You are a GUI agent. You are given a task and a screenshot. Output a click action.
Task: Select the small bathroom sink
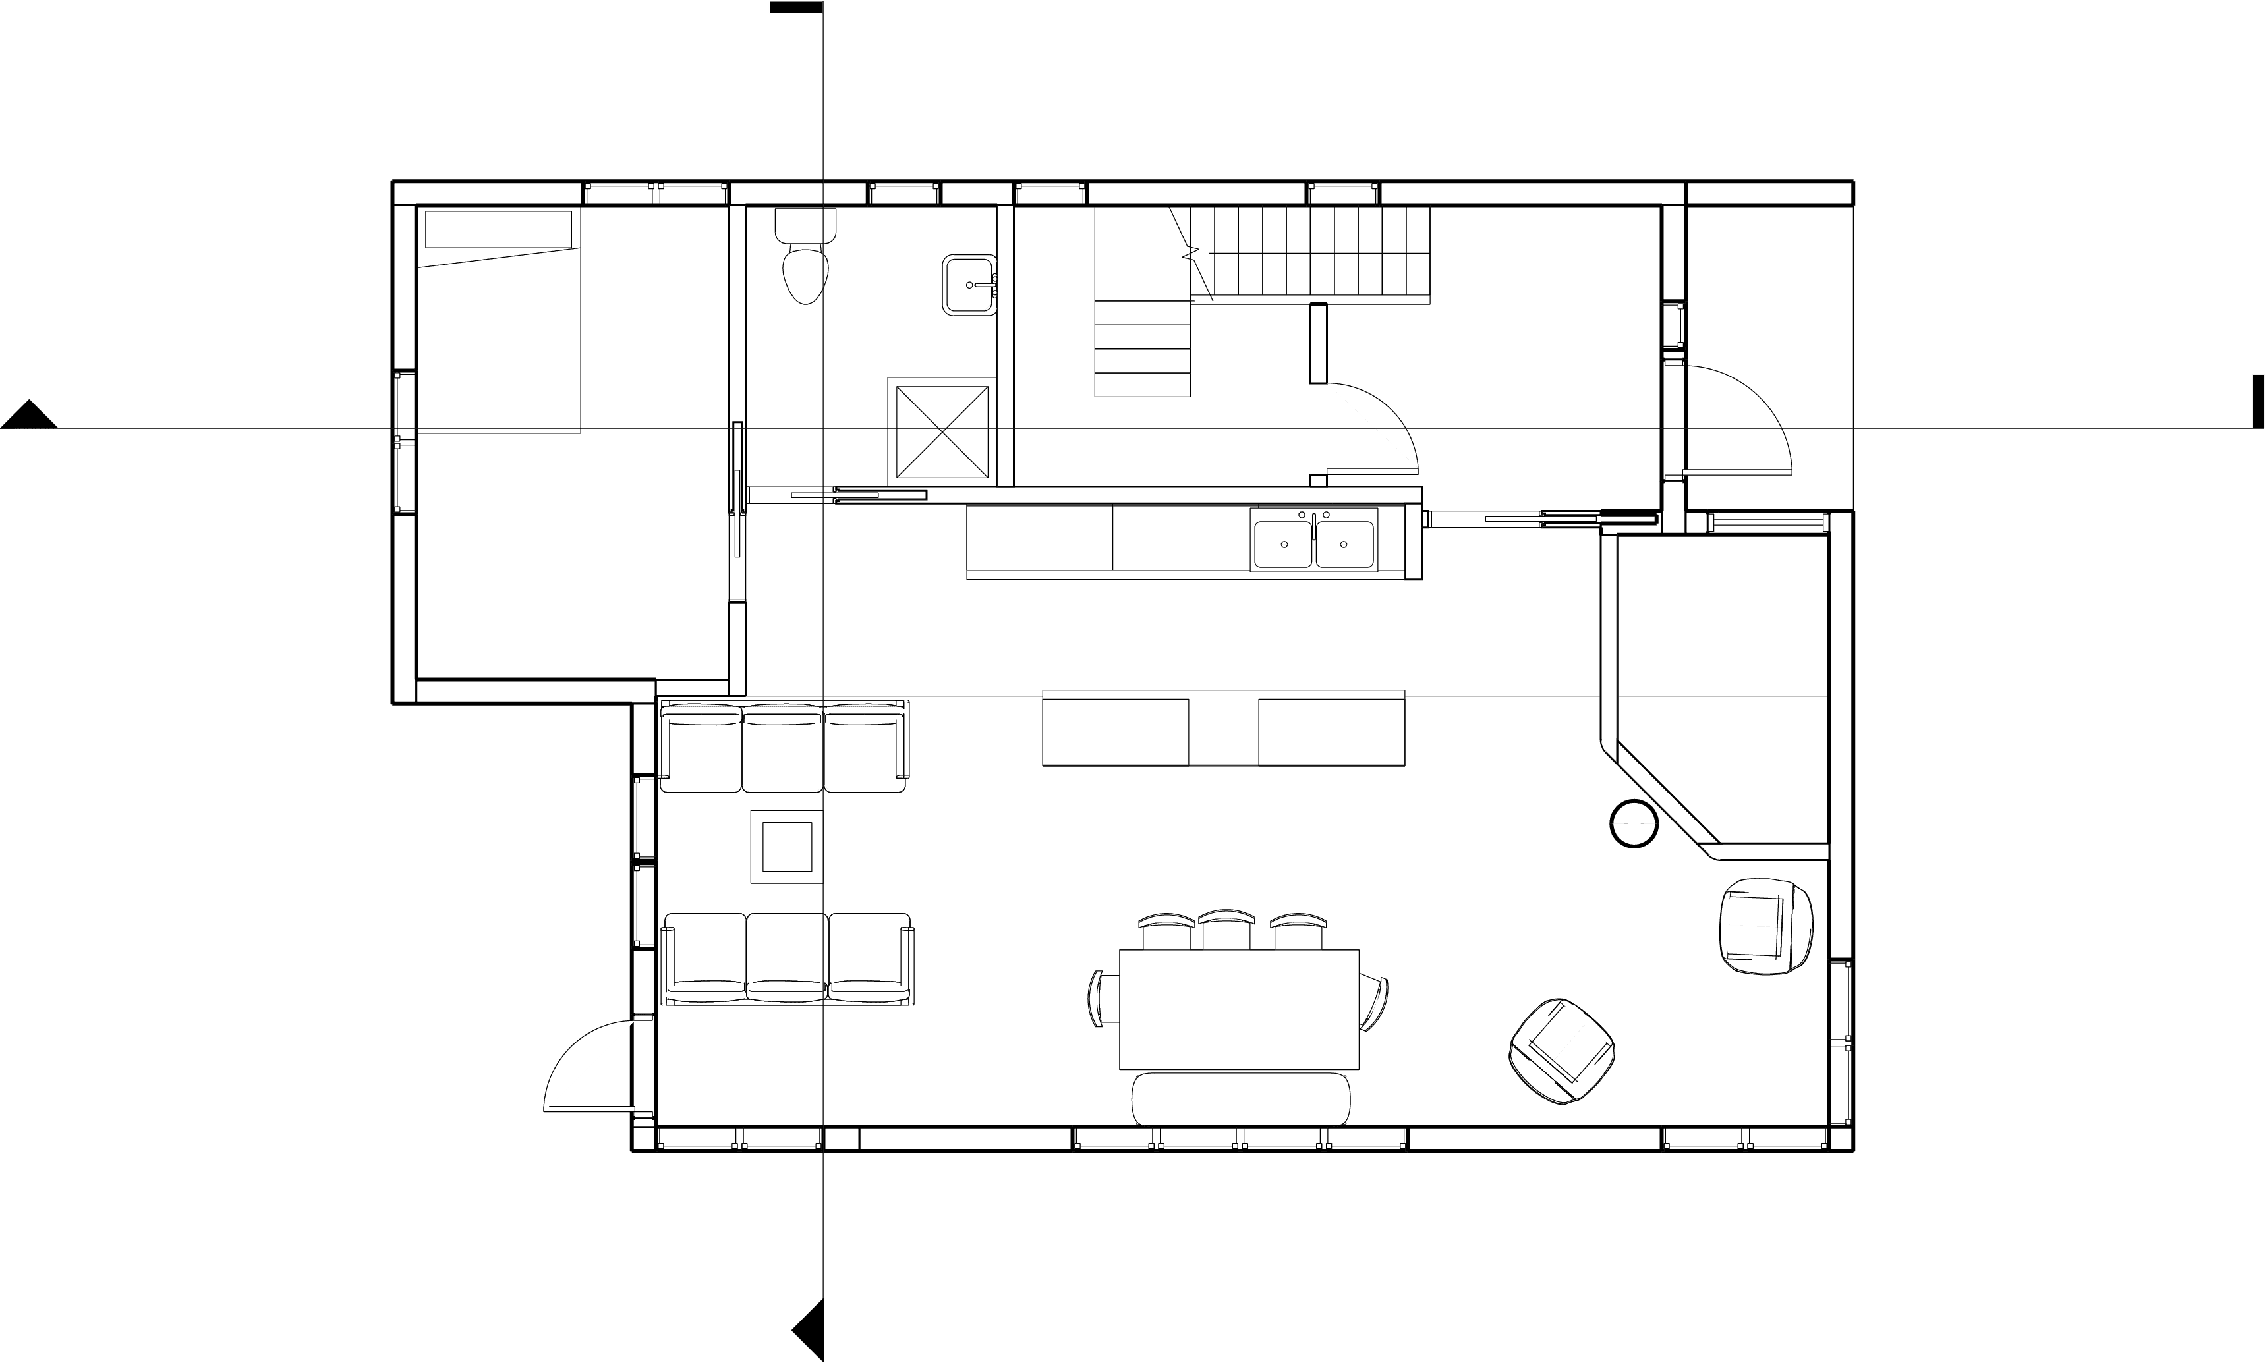969,285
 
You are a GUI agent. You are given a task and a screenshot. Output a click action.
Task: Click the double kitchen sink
1313,540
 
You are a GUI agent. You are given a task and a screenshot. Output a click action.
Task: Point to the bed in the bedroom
499,321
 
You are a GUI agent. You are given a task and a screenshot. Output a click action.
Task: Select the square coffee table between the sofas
787,847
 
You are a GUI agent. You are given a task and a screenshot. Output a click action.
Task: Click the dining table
1238,1009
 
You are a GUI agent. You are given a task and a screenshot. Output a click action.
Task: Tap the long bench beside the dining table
1241,1098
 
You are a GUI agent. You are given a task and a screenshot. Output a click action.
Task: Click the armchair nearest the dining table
1563,1051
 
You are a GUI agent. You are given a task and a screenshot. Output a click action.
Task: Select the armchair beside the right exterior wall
1765,926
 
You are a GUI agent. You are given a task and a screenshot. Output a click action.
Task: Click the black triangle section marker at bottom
810,1329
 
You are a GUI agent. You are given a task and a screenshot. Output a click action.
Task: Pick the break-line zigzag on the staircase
1190,251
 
